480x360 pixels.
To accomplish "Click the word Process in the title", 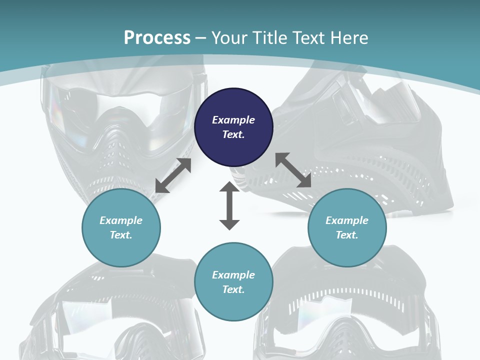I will pyautogui.click(x=157, y=38).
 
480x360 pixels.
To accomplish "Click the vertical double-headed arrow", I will pyautogui.click(x=229, y=205).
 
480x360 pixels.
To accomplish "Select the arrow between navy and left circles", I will pyautogui.click(x=173, y=175).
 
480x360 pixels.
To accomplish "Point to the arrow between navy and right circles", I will pyautogui.click(x=293, y=170).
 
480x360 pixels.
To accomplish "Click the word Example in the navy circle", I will pyautogui.click(x=233, y=120).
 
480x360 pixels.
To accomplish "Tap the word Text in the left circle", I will pyautogui.click(x=121, y=235).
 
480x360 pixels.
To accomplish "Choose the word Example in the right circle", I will pyautogui.click(x=347, y=220).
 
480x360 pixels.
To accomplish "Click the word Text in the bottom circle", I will pyautogui.click(x=233, y=289).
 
